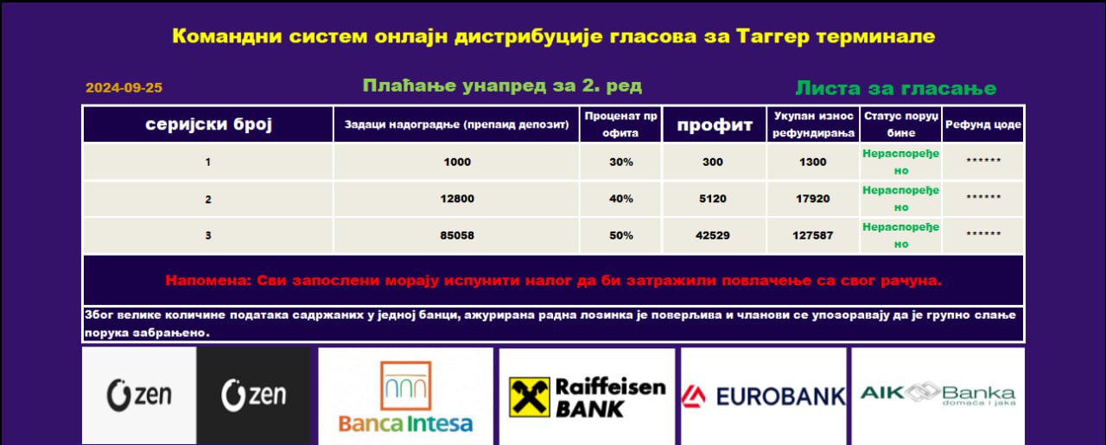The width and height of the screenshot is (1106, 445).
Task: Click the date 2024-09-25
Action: (x=124, y=88)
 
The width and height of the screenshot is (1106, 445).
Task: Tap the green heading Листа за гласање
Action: (x=896, y=88)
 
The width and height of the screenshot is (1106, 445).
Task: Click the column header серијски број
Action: (x=208, y=124)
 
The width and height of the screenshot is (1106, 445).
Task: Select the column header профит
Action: (x=715, y=125)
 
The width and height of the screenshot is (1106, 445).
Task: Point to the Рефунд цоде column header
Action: (x=983, y=124)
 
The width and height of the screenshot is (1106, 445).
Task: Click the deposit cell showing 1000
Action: (x=457, y=162)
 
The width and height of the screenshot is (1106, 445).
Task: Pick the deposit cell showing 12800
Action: (x=457, y=199)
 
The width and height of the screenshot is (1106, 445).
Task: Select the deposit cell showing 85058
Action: (x=457, y=236)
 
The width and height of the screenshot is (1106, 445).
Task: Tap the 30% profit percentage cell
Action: (x=621, y=162)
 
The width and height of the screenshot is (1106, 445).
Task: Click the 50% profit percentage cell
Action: (x=621, y=236)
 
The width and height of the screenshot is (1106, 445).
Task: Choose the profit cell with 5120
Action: (x=713, y=199)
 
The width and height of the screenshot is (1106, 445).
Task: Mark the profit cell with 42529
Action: (x=713, y=236)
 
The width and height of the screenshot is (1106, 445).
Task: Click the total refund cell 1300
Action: (x=813, y=162)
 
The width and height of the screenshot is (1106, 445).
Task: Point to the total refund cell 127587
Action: (x=813, y=236)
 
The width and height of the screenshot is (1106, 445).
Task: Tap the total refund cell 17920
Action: (x=813, y=199)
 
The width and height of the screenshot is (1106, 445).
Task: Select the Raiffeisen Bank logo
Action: (x=587, y=397)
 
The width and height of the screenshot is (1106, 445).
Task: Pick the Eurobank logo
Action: (x=763, y=397)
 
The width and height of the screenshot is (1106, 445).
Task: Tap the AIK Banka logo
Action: (x=938, y=394)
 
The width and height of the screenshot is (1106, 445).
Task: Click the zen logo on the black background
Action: (x=254, y=395)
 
